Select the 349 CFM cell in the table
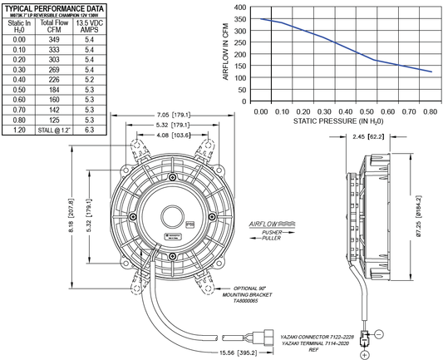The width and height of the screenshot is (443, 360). (53, 39)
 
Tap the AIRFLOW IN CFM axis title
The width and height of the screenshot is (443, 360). (224, 52)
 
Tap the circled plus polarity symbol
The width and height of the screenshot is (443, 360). (363, 353)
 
